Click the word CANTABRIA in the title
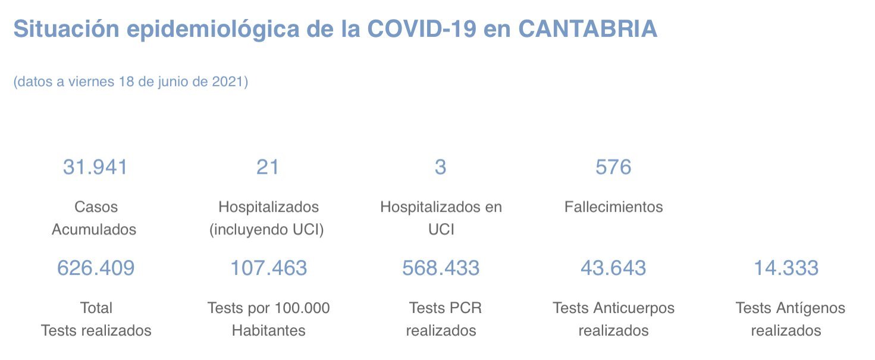click(x=587, y=29)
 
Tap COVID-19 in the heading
click(x=422, y=29)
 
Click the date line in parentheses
click(x=130, y=82)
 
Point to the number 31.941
click(x=95, y=167)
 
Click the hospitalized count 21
click(x=268, y=167)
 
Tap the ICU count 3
click(x=440, y=167)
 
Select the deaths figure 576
click(x=613, y=167)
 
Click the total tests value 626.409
click(x=96, y=268)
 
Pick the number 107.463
click(x=268, y=268)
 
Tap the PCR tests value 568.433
click(x=441, y=268)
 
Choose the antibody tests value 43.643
click(x=613, y=268)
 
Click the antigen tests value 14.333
click(x=786, y=268)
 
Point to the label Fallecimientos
click(x=613, y=207)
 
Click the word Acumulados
click(x=94, y=230)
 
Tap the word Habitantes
click(x=268, y=330)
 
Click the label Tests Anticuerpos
click(x=613, y=308)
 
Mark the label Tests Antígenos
click(x=790, y=308)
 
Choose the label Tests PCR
click(x=445, y=308)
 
